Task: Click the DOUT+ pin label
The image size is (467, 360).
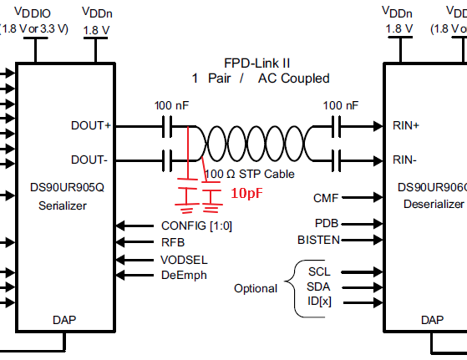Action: (91, 125)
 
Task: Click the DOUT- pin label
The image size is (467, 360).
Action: (89, 160)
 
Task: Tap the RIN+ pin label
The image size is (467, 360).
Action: (406, 125)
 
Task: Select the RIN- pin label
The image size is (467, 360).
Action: (404, 160)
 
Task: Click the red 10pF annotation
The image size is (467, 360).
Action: (247, 193)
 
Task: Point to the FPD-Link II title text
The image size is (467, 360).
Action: (256, 63)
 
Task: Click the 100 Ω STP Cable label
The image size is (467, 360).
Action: (250, 174)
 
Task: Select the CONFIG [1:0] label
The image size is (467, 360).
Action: (196, 226)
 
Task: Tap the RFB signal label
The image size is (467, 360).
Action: (173, 242)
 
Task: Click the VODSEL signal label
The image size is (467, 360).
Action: (184, 260)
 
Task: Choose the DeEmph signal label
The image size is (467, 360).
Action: (184, 275)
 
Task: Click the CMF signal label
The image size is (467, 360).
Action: (326, 198)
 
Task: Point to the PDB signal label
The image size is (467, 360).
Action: (327, 223)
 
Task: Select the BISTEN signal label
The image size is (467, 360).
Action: (318, 240)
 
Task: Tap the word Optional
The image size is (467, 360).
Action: (256, 288)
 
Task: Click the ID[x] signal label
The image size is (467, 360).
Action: (319, 301)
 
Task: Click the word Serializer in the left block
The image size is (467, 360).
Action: (63, 205)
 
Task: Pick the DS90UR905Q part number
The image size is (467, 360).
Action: (67, 187)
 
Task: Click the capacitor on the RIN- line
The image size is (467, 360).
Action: (336, 161)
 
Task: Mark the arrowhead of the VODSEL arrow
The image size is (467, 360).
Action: (120, 260)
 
